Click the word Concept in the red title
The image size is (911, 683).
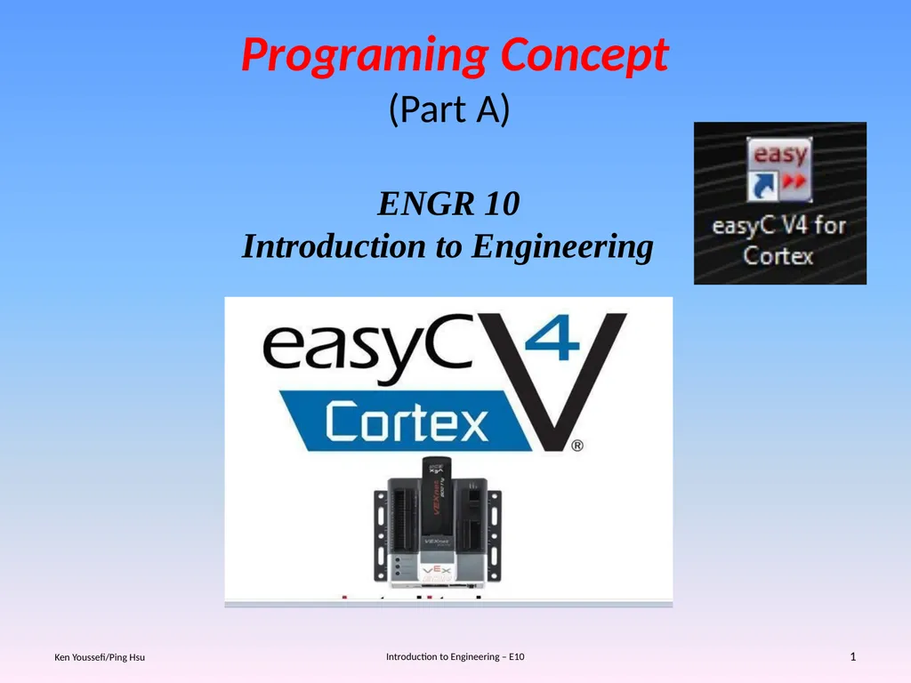pos(584,56)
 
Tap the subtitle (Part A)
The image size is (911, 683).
pos(449,109)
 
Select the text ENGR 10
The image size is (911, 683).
pos(448,205)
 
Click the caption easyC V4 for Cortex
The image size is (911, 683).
pos(779,240)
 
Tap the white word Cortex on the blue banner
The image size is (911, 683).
pos(407,422)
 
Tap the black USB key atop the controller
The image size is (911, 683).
pos(436,480)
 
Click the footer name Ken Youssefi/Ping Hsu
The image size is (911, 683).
pos(100,657)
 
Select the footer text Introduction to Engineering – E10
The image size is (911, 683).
pos(455,656)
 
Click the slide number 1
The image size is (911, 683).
pos(852,656)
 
